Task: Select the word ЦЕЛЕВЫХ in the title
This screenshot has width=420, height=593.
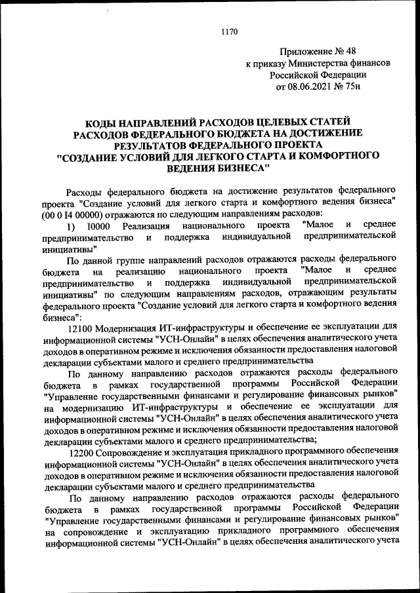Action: [287, 121]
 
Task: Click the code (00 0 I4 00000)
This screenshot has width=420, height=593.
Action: [74, 214]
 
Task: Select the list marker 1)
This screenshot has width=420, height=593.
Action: [73, 226]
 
